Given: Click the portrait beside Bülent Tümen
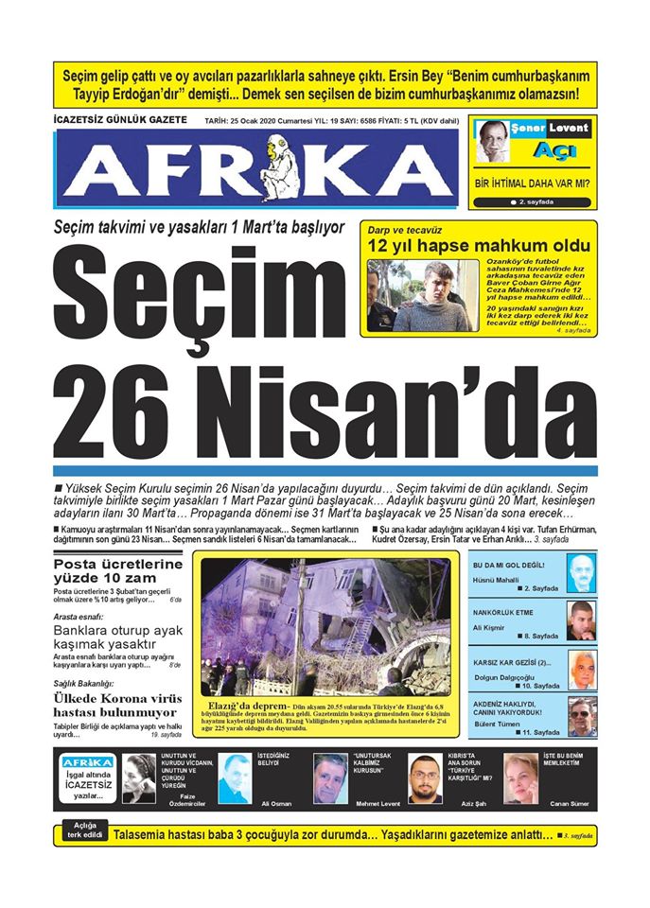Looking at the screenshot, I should tap(581, 716).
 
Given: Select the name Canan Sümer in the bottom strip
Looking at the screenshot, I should tap(567, 803).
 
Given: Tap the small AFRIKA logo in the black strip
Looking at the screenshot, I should tap(87, 762).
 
